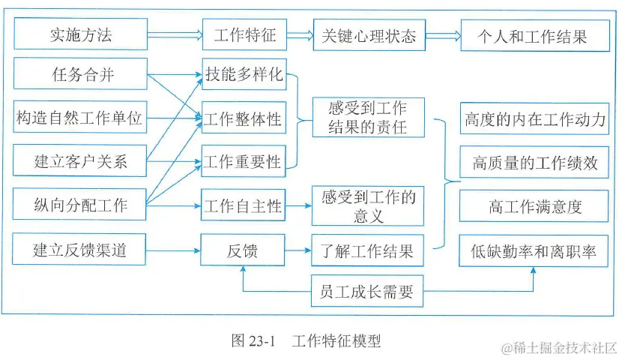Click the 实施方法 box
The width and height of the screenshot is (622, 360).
click(79, 34)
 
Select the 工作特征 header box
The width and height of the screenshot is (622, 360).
click(244, 34)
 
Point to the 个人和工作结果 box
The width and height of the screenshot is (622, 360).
click(534, 34)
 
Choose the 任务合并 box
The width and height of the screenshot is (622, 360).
click(79, 74)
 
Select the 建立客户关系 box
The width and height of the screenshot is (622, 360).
click(79, 160)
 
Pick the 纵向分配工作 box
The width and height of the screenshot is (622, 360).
click(79, 204)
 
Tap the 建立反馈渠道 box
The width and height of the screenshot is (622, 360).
click(79, 249)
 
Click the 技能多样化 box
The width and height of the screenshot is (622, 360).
click(244, 74)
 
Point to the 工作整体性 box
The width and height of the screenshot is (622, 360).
click(244, 118)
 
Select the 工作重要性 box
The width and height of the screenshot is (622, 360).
click(244, 161)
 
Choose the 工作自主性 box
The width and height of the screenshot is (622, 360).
click(244, 205)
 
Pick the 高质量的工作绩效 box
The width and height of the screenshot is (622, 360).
click(534, 162)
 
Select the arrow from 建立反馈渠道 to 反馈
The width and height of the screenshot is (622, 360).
click(173, 249)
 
